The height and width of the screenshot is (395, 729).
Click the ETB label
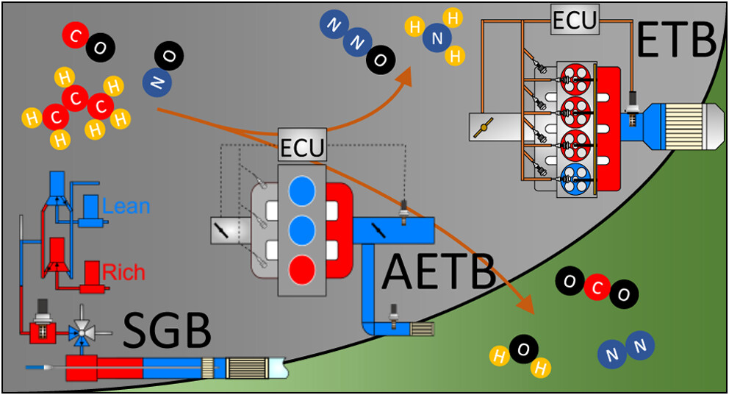coord(676,40)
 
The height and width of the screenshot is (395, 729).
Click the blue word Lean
coord(126,206)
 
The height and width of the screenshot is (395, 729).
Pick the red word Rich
coord(123,272)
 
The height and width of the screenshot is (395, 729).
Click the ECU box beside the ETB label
coord(575,21)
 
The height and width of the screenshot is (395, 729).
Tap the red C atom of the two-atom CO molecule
coord(74,34)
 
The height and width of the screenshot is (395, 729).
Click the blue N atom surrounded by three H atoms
coord(438,39)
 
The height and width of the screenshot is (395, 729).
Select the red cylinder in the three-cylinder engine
coord(302,268)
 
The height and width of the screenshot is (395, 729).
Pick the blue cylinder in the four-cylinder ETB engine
coord(575,177)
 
